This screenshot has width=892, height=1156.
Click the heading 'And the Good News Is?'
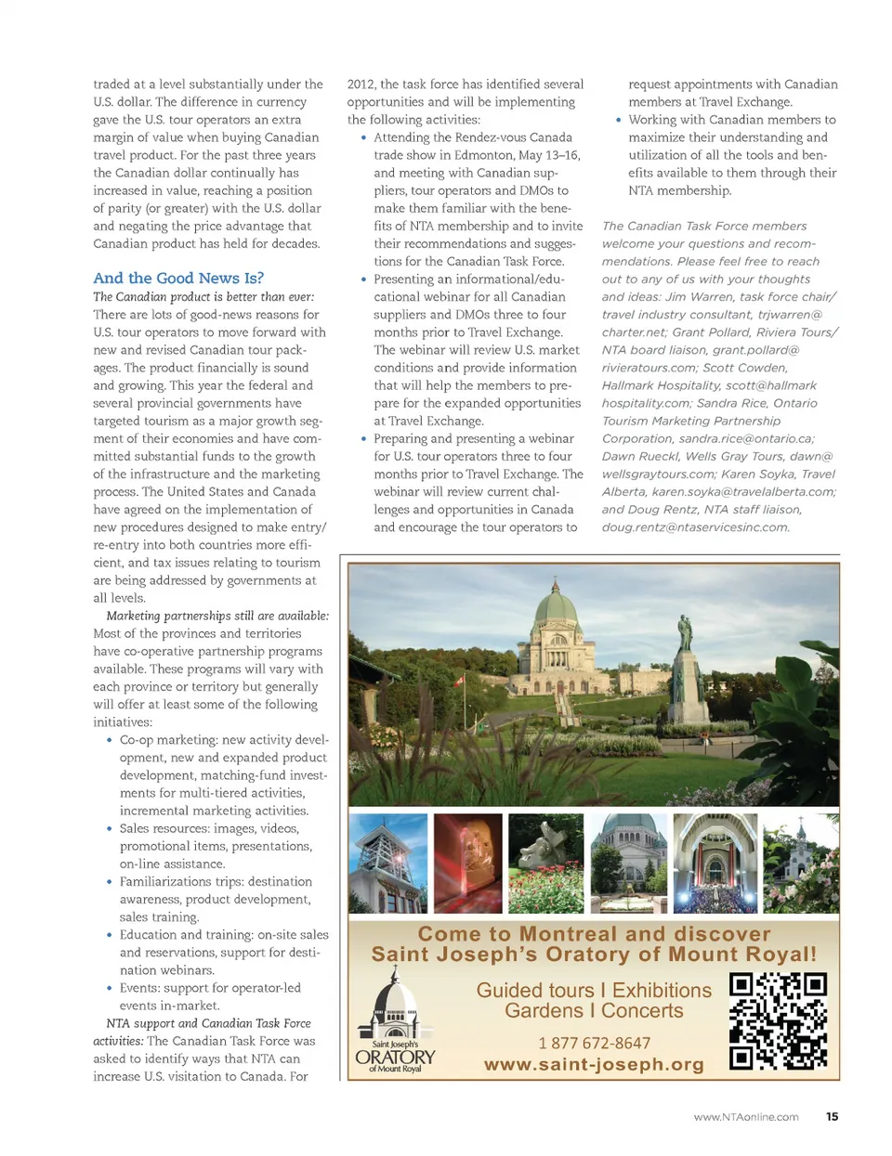click(178, 278)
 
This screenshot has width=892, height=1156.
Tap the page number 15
click(832, 1116)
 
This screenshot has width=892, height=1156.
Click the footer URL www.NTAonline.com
click(745, 1117)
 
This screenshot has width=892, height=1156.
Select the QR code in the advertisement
click(778, 1021)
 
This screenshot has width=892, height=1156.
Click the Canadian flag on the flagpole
click(459, 681)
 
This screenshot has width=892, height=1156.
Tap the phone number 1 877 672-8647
click(595, 1043)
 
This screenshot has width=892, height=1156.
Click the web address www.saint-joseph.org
click(594, 1064)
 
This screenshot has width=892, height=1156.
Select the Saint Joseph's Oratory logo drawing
click(395, 1022)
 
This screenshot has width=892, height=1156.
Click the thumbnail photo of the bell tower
click(387, 864)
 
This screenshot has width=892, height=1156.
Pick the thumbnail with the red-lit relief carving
click(468, 864)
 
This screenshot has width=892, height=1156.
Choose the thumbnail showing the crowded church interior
click(715, 864)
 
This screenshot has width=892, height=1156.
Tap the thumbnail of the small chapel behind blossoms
click(800, 864)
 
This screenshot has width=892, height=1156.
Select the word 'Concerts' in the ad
click(641, 1011)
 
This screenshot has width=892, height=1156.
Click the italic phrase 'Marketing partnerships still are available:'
click(217, 616)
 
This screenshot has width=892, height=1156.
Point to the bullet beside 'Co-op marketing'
click(109, 740)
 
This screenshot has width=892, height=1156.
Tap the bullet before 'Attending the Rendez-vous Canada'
click(363, 137)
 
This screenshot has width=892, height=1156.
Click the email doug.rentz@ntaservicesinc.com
click(695, 526)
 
